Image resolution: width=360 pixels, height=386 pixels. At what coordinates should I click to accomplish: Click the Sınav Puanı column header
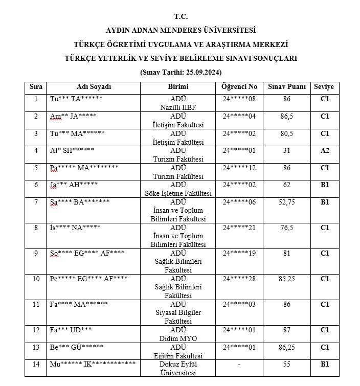click(x=286, y=87)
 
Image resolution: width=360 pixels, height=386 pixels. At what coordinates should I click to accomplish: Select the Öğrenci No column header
click(x=239, y=87)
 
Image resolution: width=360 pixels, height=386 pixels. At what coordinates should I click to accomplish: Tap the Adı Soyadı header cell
click(x=94, y=87)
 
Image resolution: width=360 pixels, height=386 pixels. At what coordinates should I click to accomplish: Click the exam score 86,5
click(x=286, y=116)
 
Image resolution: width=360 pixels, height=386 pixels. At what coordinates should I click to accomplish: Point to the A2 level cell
click(x=324, y=150)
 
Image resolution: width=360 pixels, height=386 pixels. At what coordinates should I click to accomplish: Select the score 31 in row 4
click(x=286, y=150)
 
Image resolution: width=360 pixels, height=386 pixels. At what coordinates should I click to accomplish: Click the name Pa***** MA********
click(x=84, y=168)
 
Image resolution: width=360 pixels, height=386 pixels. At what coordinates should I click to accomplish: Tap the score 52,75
click(x=286, y=202)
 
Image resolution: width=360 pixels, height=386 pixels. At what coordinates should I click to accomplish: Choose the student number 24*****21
click(x=239, y=228)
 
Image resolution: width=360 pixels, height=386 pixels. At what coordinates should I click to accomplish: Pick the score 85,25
click(x=286, y=279)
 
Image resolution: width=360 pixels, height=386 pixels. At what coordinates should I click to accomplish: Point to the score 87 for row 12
click(x=286, y=330)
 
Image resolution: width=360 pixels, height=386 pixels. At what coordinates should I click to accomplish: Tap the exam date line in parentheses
click(x=181, y=72)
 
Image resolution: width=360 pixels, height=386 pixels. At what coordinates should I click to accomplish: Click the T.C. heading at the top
click(x=181, y=16)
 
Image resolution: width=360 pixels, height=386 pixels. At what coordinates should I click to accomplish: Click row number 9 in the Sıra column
click(x=36, y=253)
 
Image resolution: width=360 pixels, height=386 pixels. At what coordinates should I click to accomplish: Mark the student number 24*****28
click(x=239, y=279)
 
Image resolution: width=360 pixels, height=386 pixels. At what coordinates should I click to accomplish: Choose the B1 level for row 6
click(x=324, y=185)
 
